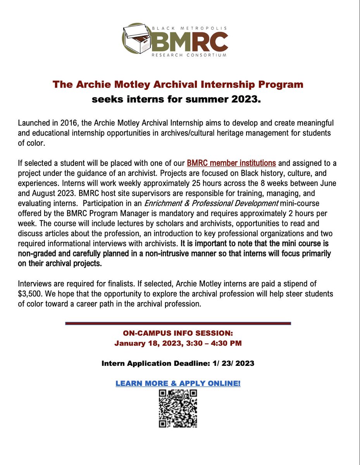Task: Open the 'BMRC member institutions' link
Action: [231, 162]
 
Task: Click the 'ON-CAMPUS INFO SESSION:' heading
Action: [178, 333]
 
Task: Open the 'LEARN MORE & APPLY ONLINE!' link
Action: [178, 384]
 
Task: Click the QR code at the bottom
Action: [178, 408]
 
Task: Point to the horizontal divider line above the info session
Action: [178, 323]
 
